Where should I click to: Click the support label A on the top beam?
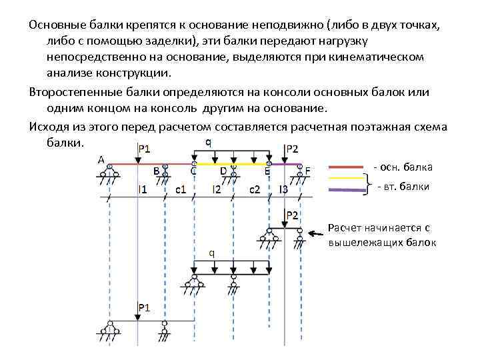[x=101, y=159]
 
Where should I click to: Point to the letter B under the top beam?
[x=156, y=171]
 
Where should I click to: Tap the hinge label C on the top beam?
[x=193, y=171]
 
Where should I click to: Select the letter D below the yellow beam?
[x=223, y=171]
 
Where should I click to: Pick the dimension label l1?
[x=142, y=190]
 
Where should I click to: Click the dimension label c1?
[x=180, y=190]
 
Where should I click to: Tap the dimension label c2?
[x=255, y=190]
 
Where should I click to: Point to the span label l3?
[x=283, y=190]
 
